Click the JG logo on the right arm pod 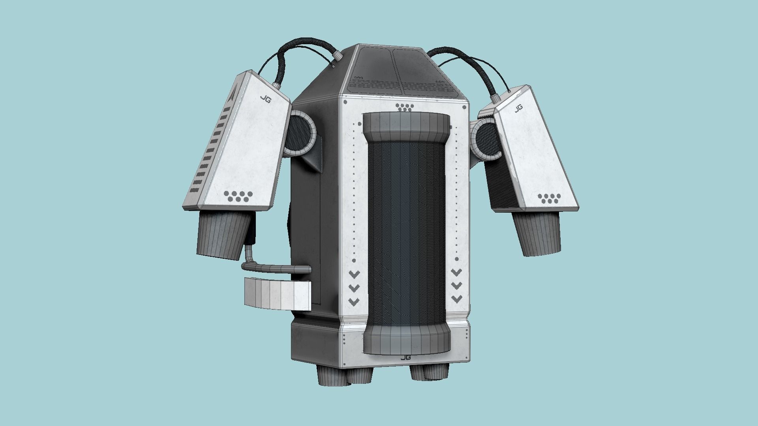(x=519, y=107)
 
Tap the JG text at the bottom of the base (x=405, y=357)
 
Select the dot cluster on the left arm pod (x=238, y=196)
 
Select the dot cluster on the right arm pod (x=548, y=198)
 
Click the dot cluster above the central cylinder (x=405, y=107)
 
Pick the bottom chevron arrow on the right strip (x=457, y=299)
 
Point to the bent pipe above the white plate (x=276, y=268)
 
